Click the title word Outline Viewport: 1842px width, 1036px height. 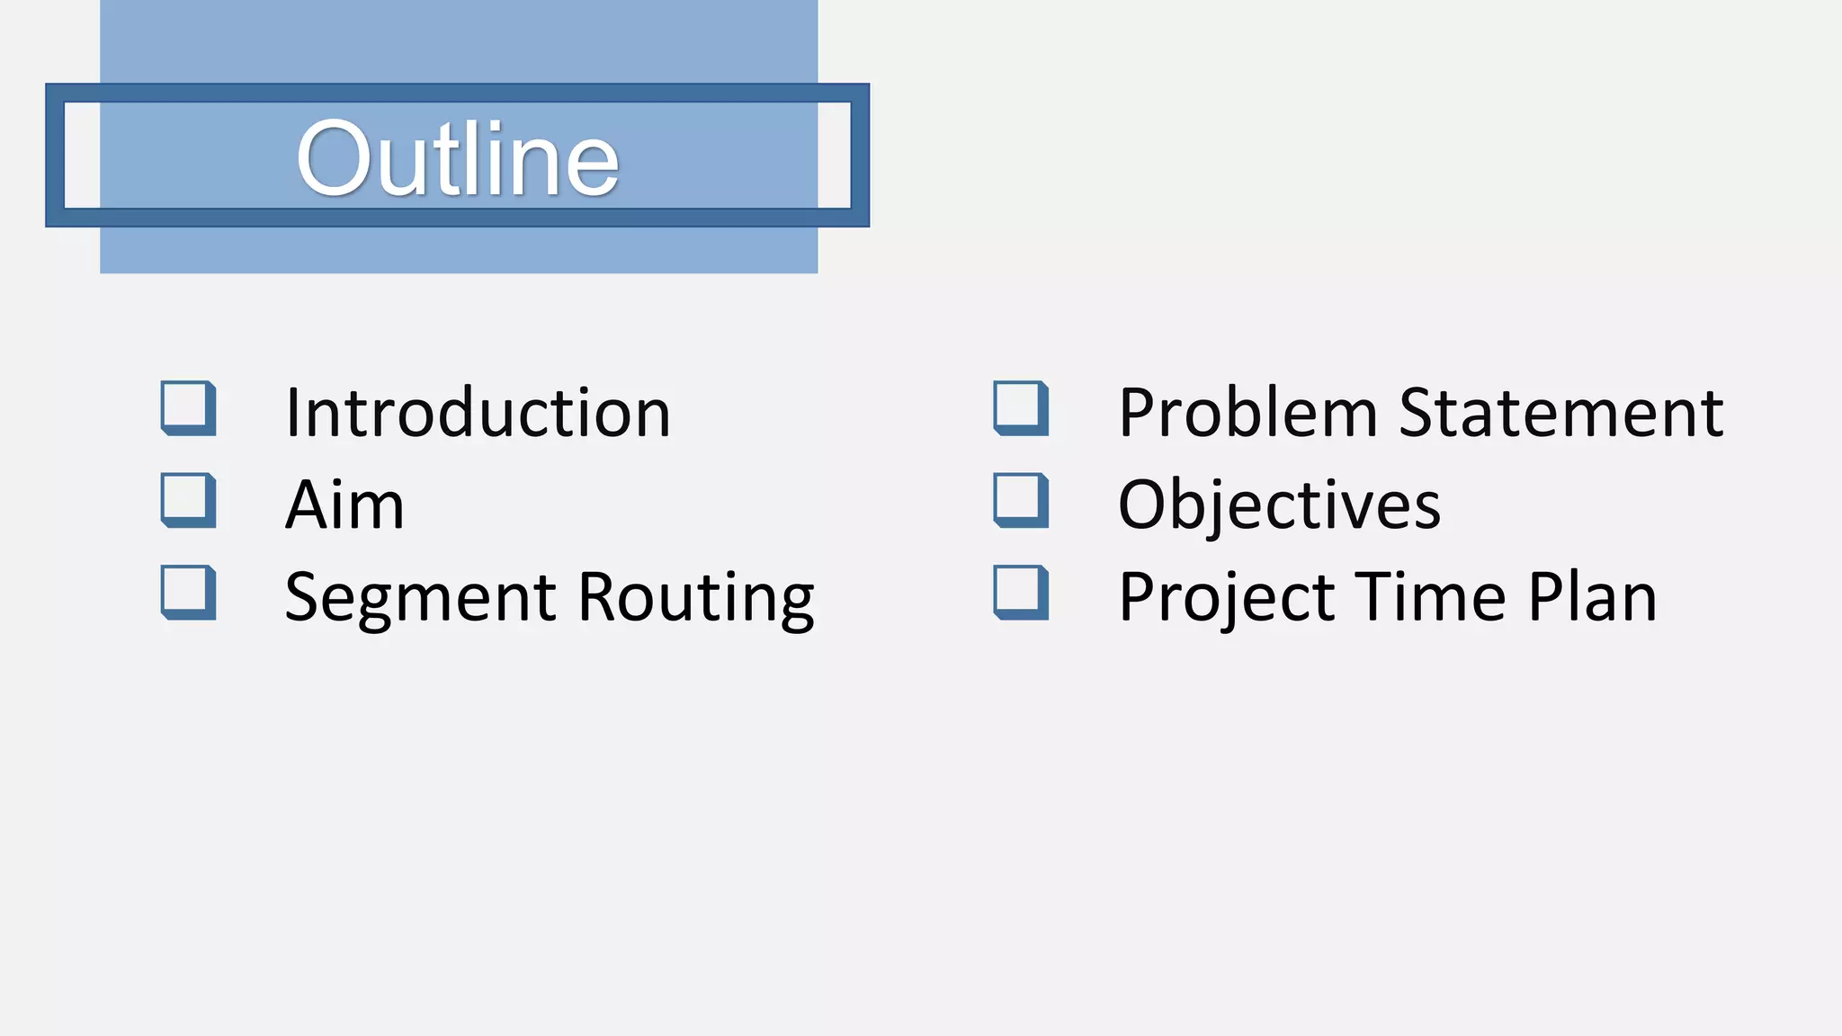[458, 159]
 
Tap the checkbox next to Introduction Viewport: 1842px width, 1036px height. [188, 407]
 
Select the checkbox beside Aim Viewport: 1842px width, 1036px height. [188, 499]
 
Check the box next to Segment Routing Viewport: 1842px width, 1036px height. [188, 592]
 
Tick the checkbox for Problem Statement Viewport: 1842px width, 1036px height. [1021, 407]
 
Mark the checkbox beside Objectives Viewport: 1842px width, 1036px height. [1021, 499]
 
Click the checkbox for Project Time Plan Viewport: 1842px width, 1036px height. [1021, 592]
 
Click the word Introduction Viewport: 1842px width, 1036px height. [478, 414]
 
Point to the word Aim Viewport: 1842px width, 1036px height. [344, 505]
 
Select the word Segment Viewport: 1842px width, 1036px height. [421, 598]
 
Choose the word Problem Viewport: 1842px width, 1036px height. [1247, 414]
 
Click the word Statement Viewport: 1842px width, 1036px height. [1561, 414]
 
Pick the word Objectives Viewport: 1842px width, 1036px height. [1279, 505]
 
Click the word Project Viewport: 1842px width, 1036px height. [1227, 598]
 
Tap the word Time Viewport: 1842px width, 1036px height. [1431, 598]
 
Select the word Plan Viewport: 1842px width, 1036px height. [1592, 598]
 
